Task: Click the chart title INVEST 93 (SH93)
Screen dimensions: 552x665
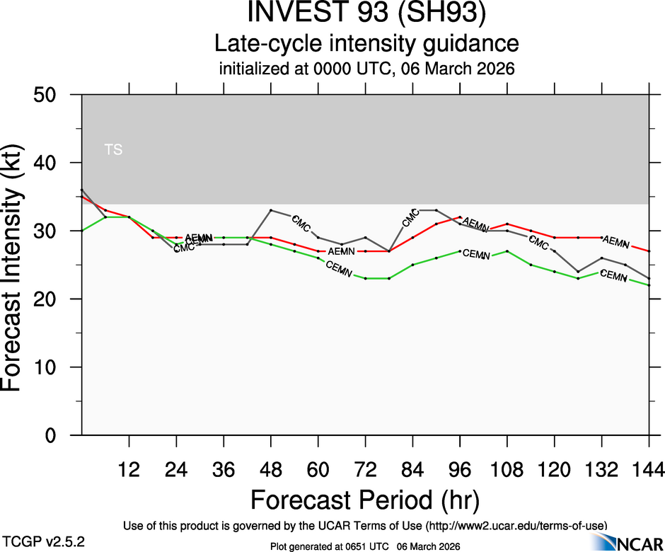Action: click(366, 15)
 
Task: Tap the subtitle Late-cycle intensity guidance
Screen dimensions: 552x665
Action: click(366, 44)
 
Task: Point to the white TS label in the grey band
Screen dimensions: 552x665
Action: click(113, 149)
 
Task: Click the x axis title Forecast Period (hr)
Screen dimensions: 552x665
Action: click(365, 500)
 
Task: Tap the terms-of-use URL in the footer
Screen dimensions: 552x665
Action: click(516, 525)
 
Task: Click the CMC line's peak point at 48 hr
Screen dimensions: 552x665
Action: click(271, 210)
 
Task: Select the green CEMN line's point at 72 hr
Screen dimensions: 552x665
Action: click(365, 278)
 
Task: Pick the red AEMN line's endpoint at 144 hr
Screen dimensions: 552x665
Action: click(649, 251)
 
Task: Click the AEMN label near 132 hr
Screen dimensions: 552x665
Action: click(616, 242)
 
